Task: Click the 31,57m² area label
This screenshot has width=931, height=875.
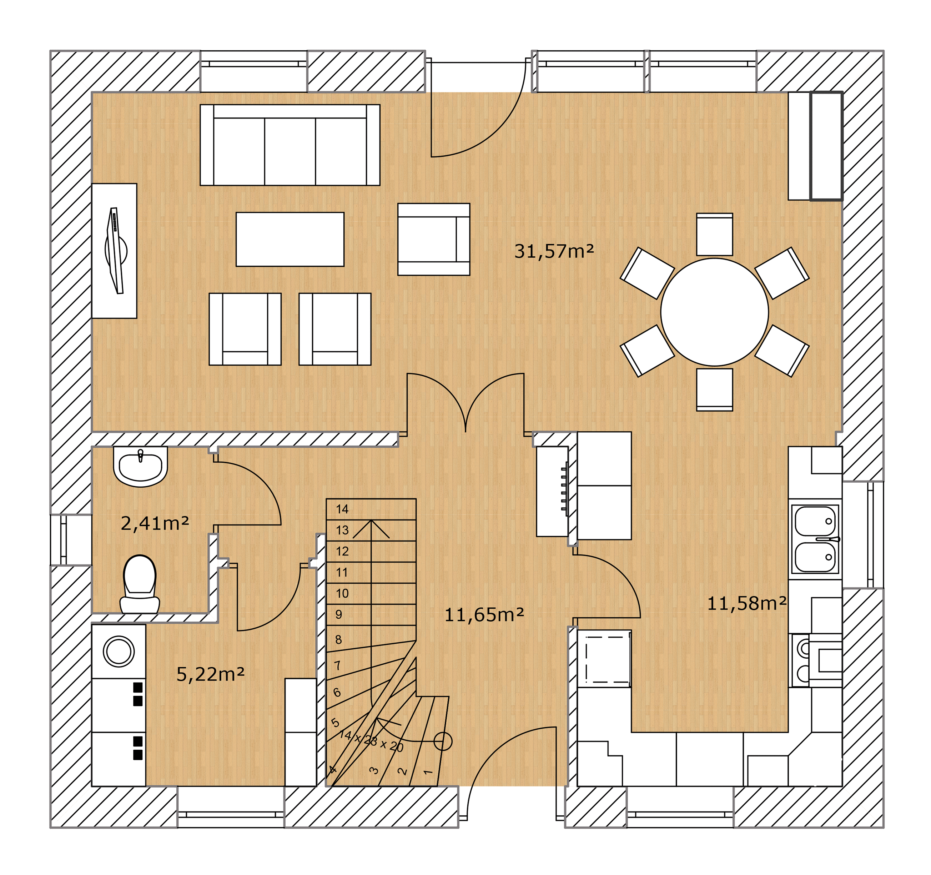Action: tap(554, 252)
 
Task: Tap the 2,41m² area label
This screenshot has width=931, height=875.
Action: tap(155, 523)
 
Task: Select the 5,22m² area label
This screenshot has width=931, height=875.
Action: tap(210, 674)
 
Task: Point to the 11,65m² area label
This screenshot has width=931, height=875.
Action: tap(484, 615)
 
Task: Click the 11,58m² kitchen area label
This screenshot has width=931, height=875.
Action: tap(746, 603)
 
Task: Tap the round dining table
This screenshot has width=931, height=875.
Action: tap(714, 312)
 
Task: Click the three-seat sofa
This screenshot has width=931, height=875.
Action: tap(290, 145)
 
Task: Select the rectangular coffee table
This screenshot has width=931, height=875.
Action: tap(290, 239)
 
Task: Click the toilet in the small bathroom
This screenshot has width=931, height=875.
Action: tap(140, 584)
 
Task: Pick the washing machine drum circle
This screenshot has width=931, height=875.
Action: tap(119, 651)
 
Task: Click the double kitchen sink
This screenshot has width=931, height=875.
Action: tap(815, 539)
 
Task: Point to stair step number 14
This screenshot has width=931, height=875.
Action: tap(342, 509)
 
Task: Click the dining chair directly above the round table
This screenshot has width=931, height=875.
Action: tap(714, 234)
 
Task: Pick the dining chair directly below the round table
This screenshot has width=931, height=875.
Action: tap(714, 390)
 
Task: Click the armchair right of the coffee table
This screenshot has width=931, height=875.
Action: tap(434, 239)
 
